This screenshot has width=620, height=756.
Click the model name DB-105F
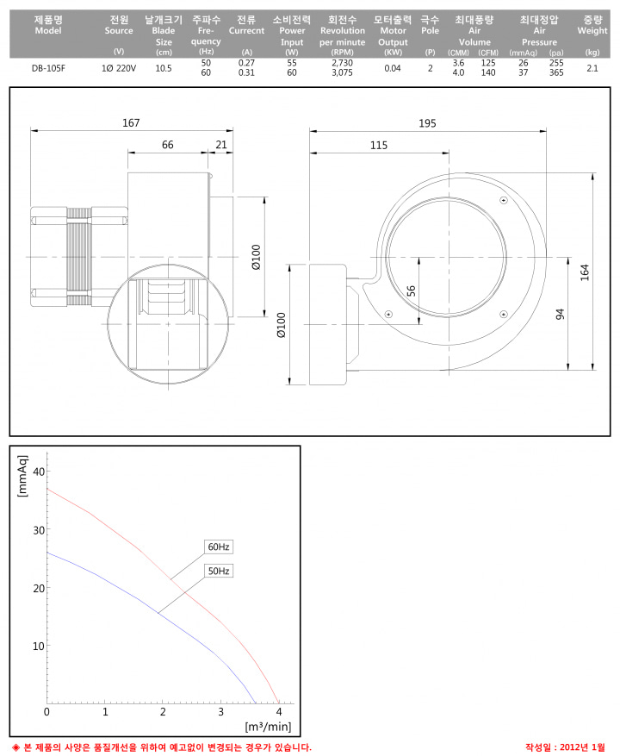(48, 68)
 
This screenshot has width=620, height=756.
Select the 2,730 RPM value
(342, 63)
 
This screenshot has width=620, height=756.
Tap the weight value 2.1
(592, 68)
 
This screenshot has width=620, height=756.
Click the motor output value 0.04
(393, 68)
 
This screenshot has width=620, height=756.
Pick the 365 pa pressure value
(556, 72)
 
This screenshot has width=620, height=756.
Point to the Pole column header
(430, 25)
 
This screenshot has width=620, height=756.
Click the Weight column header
(592, 25)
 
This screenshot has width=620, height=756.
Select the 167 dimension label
(131, 123)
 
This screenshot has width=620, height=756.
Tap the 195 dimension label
(427, 123)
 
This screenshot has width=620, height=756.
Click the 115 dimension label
(379, 145)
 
